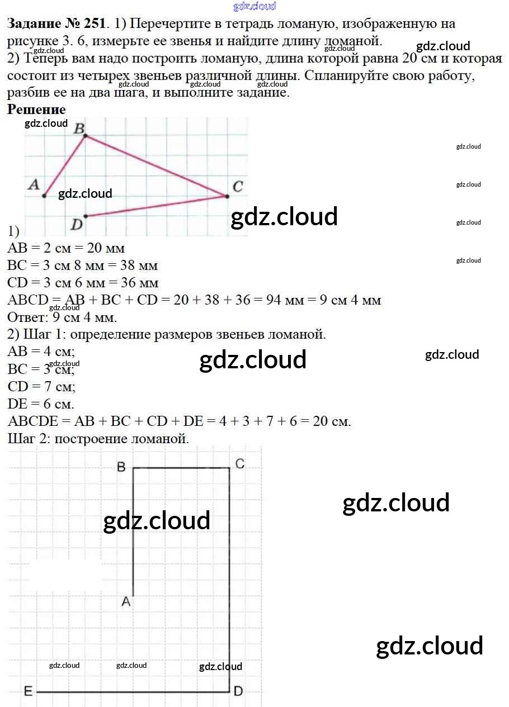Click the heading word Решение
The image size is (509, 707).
[x=36, y=110]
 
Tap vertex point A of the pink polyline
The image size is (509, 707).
[x=44, y=196]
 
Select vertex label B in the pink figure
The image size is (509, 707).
[x=79, y=129]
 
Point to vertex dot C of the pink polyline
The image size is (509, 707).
[x=227, y=196]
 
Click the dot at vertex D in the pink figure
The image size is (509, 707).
[x=85, y=216]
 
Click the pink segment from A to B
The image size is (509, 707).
[x=64, y=166]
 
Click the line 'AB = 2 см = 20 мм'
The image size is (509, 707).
[x=66, y=248]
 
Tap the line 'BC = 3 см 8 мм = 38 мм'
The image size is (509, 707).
[x=83, y=265]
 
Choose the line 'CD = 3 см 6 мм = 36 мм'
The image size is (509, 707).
[x=83, y=283]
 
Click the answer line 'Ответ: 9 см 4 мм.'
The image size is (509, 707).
[x=62, y=317]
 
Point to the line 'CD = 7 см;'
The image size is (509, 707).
[x=41, y=386]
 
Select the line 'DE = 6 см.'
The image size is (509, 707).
[x=41, y=404]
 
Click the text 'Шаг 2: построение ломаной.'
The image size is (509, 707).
[x=98, y=439]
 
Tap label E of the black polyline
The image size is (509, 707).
[x=28, y=692]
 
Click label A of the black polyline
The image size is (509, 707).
[x=126, y=601]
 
